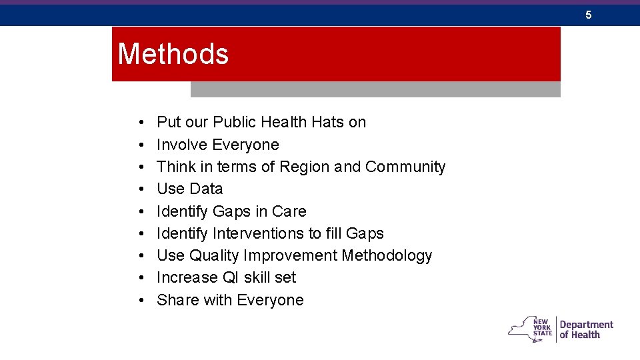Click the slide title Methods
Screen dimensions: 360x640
173,54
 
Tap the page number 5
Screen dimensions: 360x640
589,15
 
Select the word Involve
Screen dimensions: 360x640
182,145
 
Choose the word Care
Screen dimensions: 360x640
289,211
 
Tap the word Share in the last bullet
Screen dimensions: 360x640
178,300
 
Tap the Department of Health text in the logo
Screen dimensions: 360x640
586,329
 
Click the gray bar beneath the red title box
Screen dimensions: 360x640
375,89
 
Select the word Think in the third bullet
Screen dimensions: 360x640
176,167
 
